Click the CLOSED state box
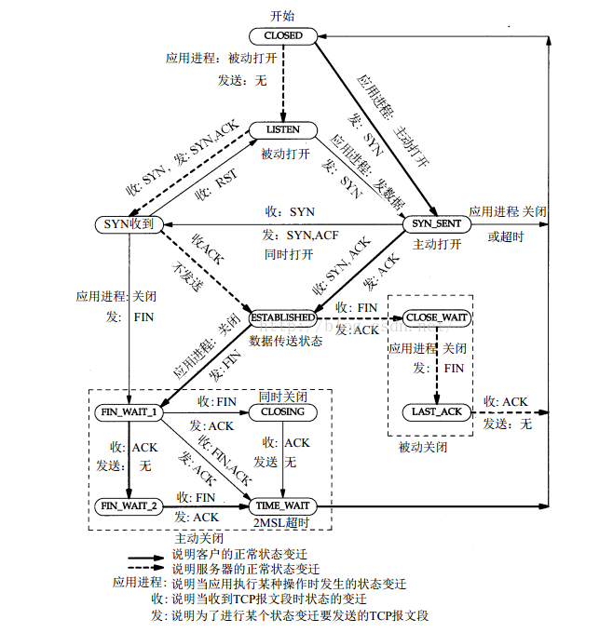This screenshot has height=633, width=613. [283, 35]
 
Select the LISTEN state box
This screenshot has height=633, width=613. [282, 129]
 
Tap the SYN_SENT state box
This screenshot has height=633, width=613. [436, 224]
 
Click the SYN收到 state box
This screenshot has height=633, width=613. [129, 224]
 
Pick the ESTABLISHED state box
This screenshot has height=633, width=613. [283, 318]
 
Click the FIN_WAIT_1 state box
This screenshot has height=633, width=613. [129, 411]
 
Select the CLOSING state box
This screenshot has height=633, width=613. [282, 411]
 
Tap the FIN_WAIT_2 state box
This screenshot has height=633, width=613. [129, 505]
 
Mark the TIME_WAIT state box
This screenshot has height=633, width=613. [282, 505]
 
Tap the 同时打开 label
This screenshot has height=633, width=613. [284, 253]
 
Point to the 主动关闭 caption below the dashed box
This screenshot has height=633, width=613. [198, 539]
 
